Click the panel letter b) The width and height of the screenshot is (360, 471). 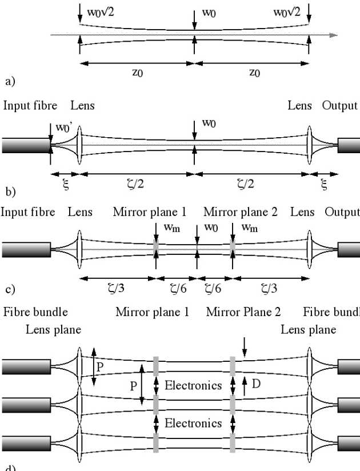(10, 190)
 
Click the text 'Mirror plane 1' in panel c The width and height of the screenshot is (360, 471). (150, 212)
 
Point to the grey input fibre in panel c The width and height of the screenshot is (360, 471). (26, 250)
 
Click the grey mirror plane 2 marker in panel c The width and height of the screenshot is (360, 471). (233, 250)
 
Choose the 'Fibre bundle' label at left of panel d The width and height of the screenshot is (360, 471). (35, 312)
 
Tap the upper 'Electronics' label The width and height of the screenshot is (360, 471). (193, 385)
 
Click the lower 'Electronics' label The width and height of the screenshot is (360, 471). (193, 424)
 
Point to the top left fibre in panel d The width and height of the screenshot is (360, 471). (26, 366)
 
